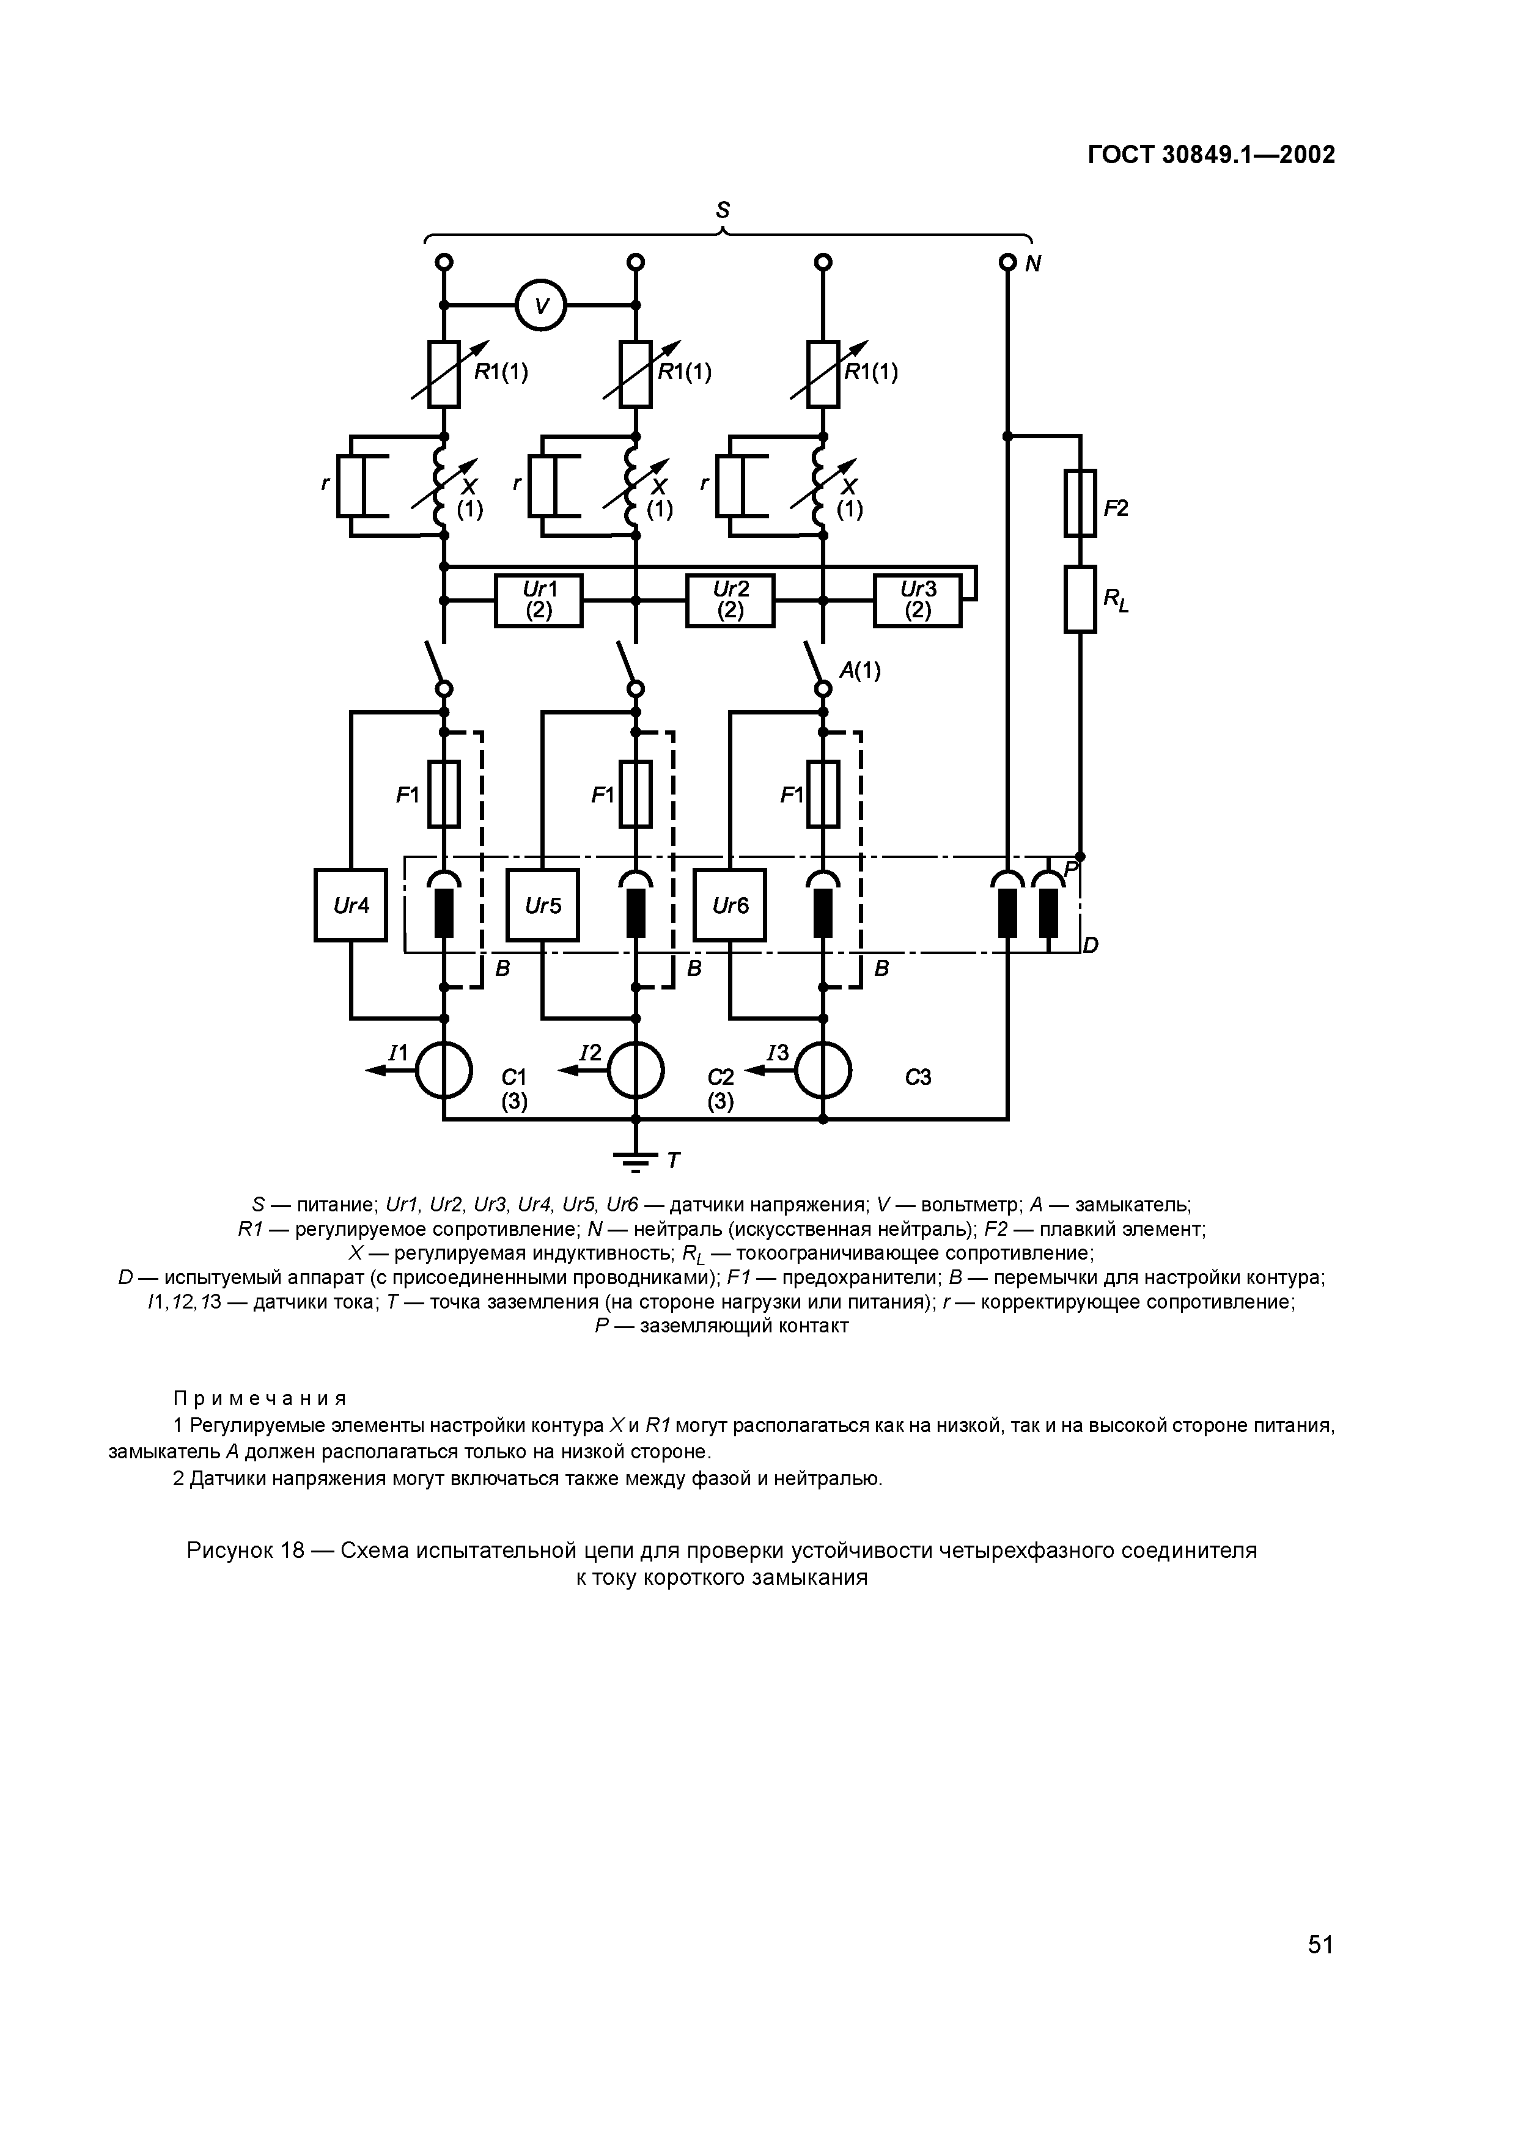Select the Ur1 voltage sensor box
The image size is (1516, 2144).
538,600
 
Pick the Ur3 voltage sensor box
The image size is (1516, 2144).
918,600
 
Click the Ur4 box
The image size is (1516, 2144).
350,905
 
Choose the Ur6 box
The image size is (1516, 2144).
729,905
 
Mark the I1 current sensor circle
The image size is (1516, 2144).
444,1071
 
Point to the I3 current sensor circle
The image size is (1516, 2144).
823,1071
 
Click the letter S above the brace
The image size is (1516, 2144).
722,211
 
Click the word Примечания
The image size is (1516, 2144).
260,1398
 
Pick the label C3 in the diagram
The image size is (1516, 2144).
918,1078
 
